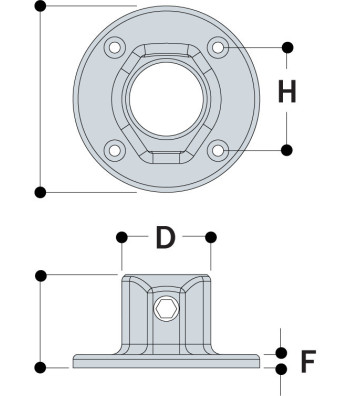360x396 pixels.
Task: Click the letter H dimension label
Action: [287, 93]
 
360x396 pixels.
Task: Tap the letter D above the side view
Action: [166, 238]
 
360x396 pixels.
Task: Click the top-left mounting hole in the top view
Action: [116, 48]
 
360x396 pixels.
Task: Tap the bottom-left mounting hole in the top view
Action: [116, 150]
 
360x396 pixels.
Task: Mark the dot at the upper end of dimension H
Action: [288, 47]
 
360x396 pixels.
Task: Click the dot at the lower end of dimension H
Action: [288, 150]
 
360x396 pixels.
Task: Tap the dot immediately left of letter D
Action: [123, 237]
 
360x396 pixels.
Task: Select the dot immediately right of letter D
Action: [211, 237]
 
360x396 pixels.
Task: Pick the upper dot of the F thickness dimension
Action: [282, 353]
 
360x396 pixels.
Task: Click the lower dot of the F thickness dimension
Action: [282, 368]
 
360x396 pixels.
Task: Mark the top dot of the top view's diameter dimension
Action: [40, 6]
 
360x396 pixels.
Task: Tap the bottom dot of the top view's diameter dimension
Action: [40, 191]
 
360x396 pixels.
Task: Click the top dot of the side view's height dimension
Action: [40, 274]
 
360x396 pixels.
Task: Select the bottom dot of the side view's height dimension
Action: [40, 368]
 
